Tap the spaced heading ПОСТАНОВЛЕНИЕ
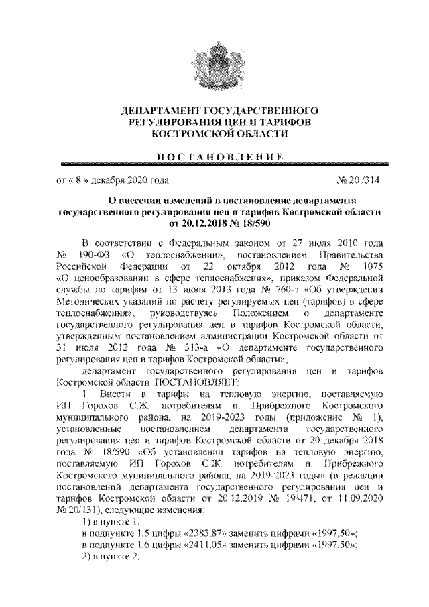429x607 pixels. (x=214, y=156)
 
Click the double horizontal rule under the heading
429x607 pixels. (x=214, y=164)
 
